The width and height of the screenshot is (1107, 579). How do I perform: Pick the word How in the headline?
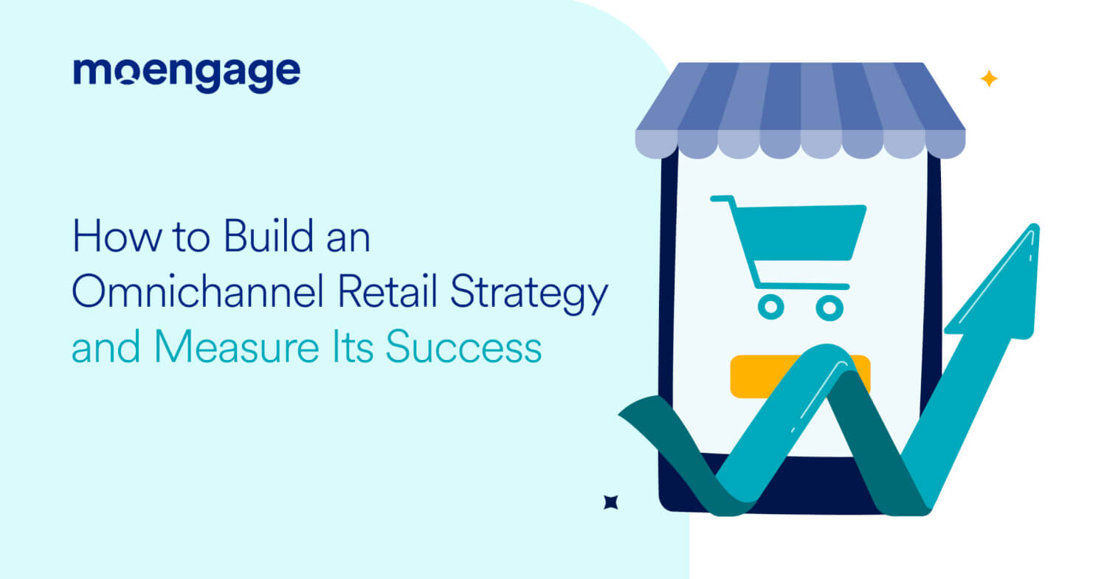point(104,240)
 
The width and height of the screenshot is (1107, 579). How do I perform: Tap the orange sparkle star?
point(988,79)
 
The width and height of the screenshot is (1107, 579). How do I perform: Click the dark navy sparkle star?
point(610,502)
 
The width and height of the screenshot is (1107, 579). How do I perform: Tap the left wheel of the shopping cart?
point(770,306)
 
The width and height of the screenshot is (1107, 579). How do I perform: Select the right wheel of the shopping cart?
point(830,306)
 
